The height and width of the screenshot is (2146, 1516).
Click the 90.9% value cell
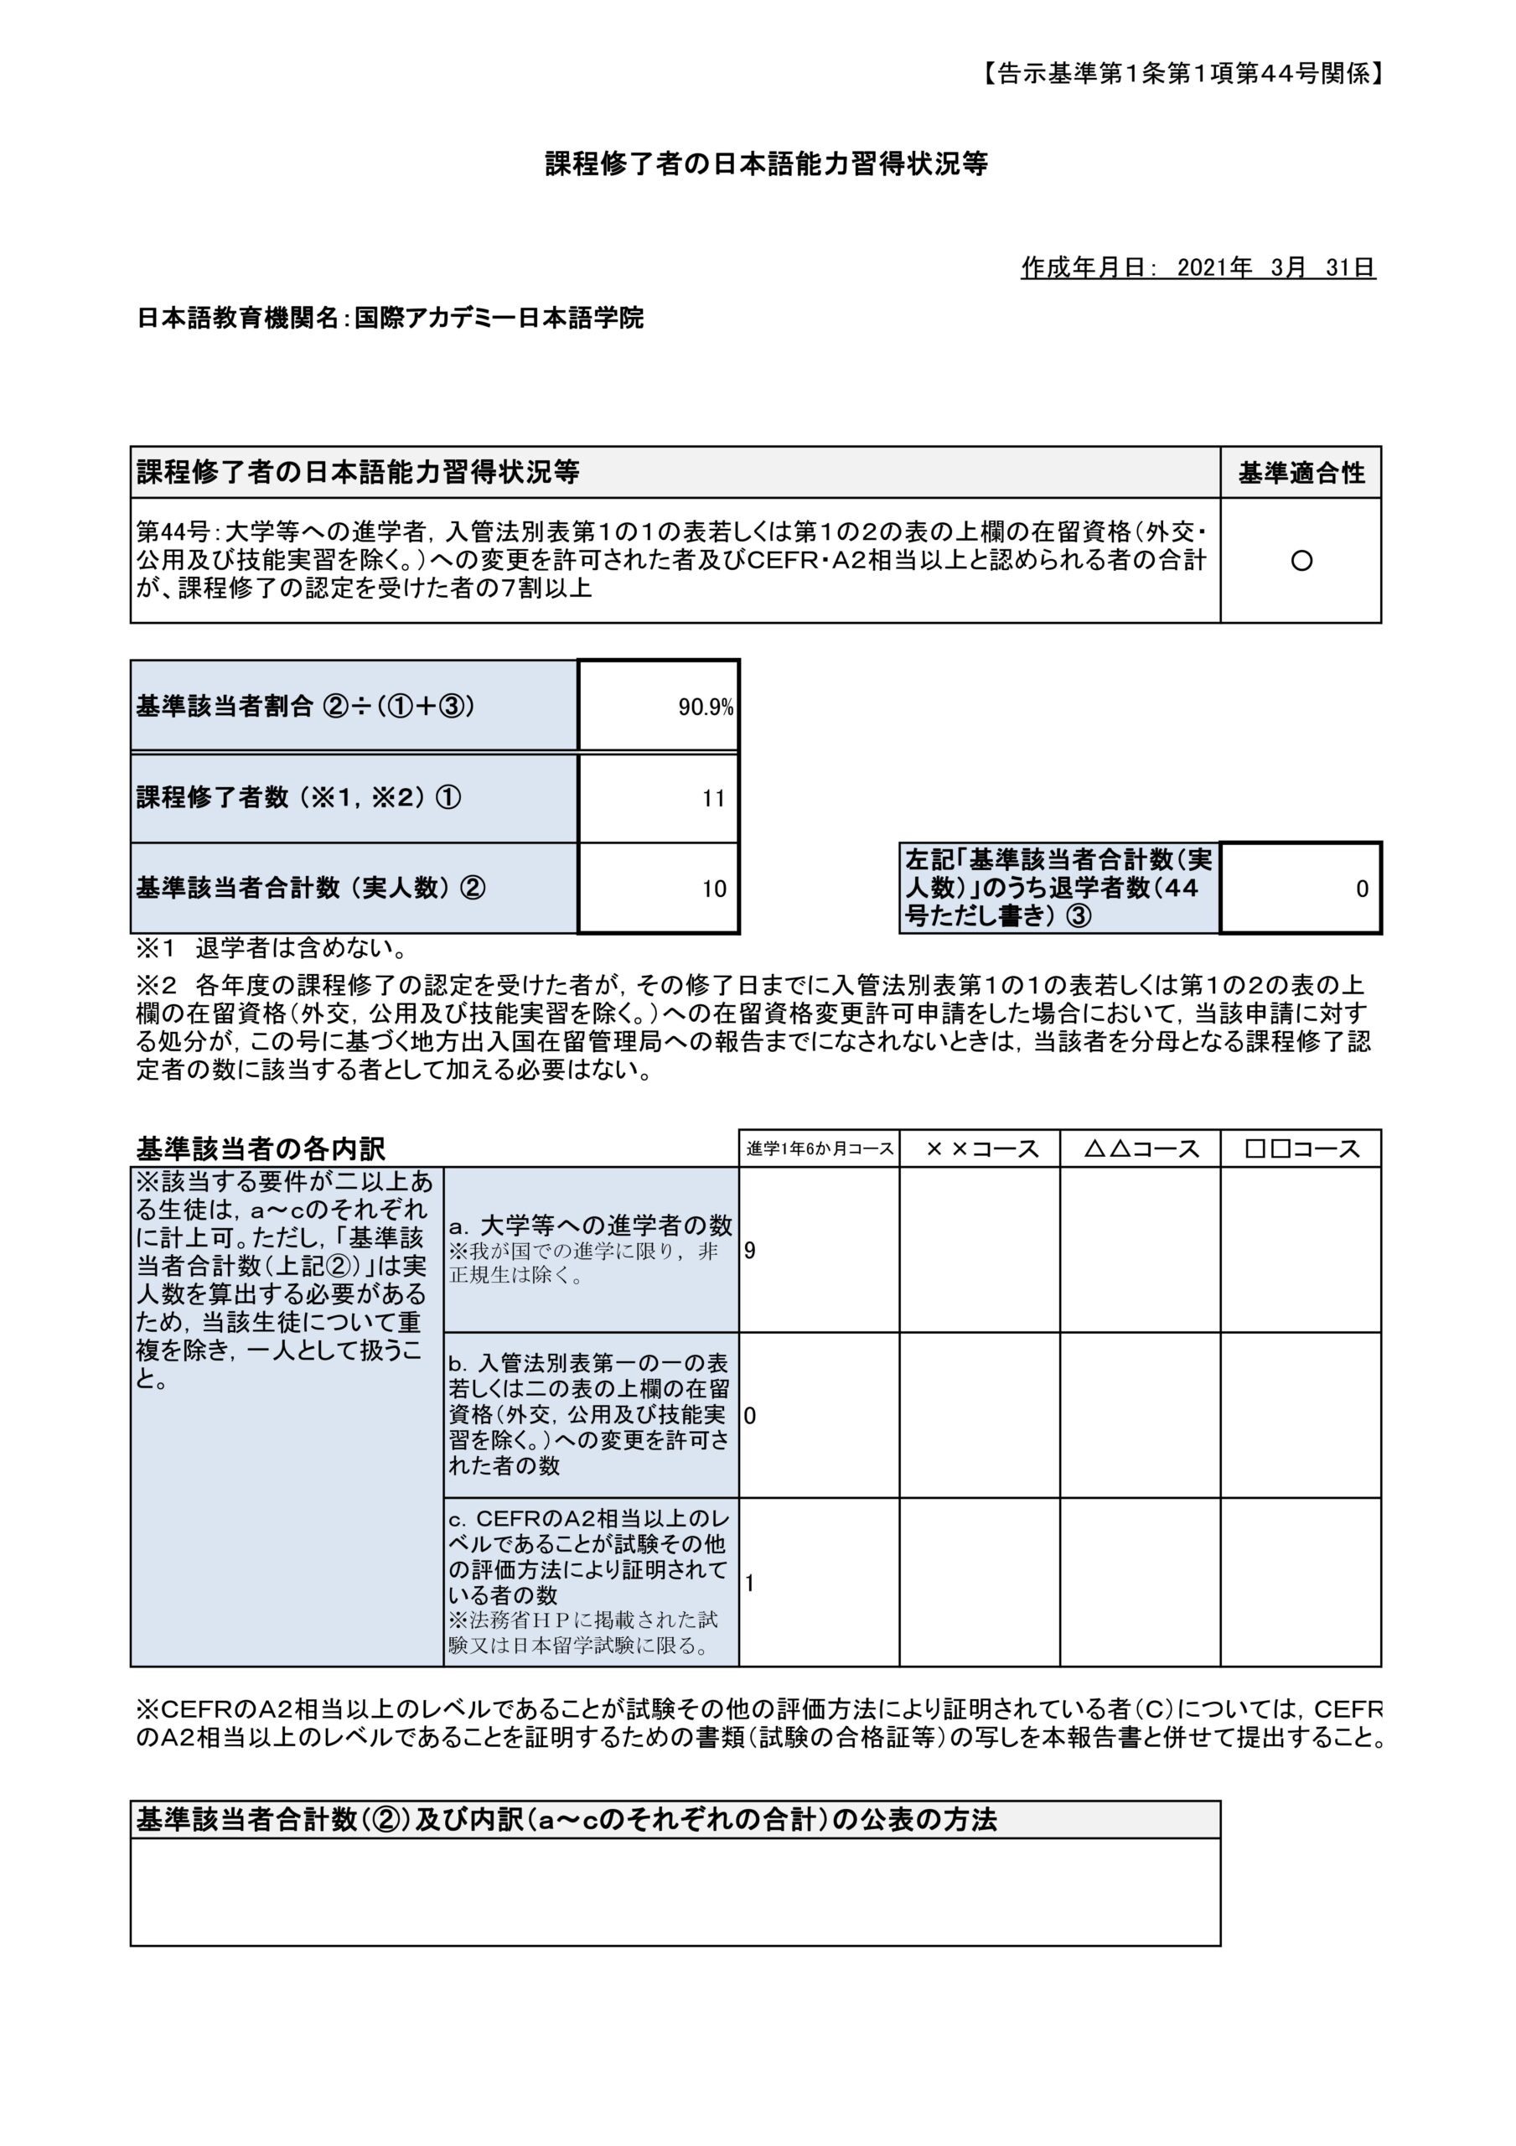pos(705,708)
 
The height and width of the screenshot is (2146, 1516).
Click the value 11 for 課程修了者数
pos(713,798)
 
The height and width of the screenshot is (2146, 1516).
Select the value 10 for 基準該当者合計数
pos(713,888)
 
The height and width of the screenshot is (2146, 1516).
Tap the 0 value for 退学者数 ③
pos(1361,888)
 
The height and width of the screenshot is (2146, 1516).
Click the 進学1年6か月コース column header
pos(819,1148)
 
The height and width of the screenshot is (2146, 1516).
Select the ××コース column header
pos(980,1148)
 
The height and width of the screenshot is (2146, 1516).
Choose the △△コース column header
pos(1141,1148)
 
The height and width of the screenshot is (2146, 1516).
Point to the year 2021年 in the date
pos(1214,268)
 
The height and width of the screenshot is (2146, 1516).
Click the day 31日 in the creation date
pos(1349,268)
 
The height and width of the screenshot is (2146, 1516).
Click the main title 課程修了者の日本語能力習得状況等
pos(767,164)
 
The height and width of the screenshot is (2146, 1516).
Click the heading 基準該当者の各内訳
pos(261,1148)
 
